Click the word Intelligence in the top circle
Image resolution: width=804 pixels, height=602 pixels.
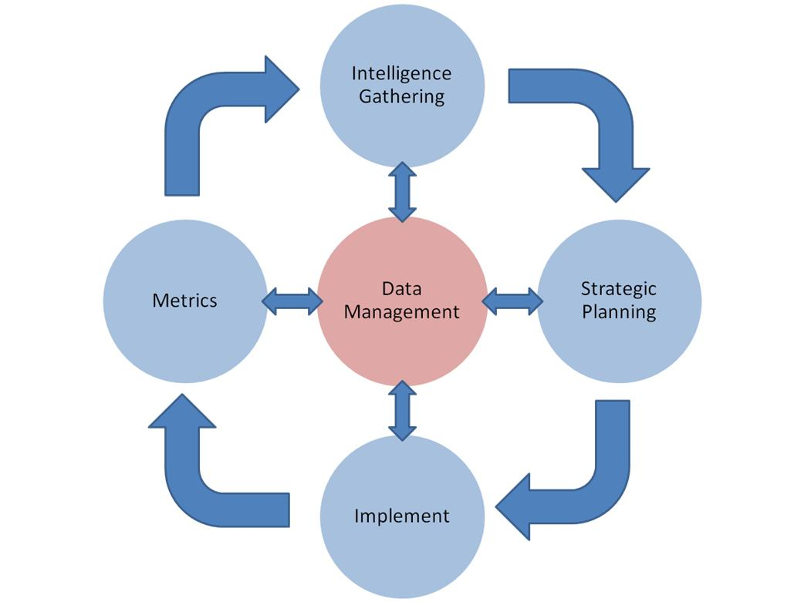(x=401, y=73)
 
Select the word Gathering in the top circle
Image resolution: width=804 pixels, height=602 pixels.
(x=401, y=97)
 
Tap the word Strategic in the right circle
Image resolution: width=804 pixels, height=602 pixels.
(x=618, y=289)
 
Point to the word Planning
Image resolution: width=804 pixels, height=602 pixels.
(x=619, y=312)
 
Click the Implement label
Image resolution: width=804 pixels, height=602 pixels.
(x=401, y=516)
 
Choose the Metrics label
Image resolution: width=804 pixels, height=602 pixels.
(x=185, y=301)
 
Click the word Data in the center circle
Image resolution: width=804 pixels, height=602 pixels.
(x=401, y=289)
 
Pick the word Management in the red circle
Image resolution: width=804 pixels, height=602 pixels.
(x=401, y=312)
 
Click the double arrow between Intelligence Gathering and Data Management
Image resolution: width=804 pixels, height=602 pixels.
(x=402, y=191)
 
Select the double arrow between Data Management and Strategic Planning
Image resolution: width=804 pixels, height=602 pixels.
(x=512, y=301)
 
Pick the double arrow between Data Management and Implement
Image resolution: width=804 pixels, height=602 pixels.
(x=402, y=410)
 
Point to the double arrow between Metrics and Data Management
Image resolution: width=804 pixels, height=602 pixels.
(x=292, y=301)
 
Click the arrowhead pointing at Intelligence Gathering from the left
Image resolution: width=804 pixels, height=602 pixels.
(x=279, y=89)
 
